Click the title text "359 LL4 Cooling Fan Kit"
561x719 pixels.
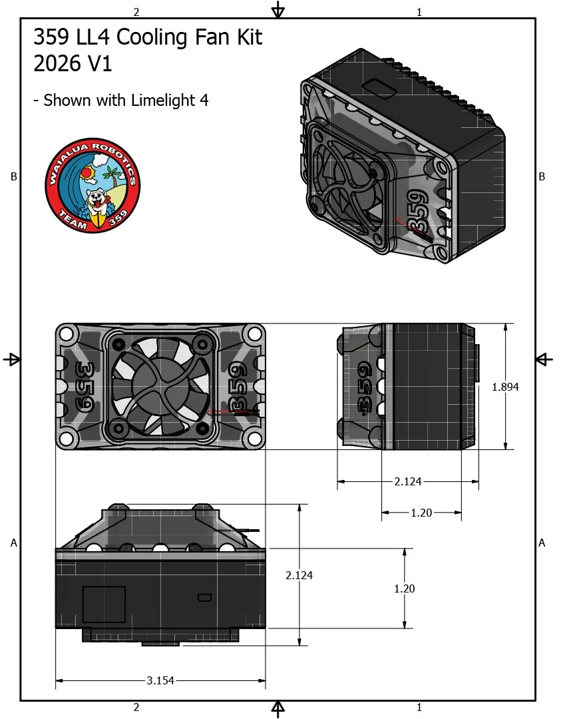(x=148, y=38)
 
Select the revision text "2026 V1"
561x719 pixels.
(x=73, y=65)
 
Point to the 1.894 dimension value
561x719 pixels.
(x=504, y=387)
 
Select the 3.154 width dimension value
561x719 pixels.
(x=160, y=680)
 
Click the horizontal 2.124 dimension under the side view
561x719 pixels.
(x=408, y=481)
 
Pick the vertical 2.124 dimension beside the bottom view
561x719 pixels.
(x=299, y=575)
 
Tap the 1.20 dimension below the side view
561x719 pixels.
(x=421, y=513)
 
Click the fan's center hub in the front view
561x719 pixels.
(x=160, y=386)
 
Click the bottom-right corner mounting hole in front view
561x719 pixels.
(x=254, y=438)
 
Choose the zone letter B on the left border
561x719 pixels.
(x=13, y=176)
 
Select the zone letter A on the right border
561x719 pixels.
(x=542, y=543)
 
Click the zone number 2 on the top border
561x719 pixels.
(x=136, y=12)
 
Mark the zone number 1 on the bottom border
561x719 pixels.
(x=419, y=707)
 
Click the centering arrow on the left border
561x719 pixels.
(x=12, y=359)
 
